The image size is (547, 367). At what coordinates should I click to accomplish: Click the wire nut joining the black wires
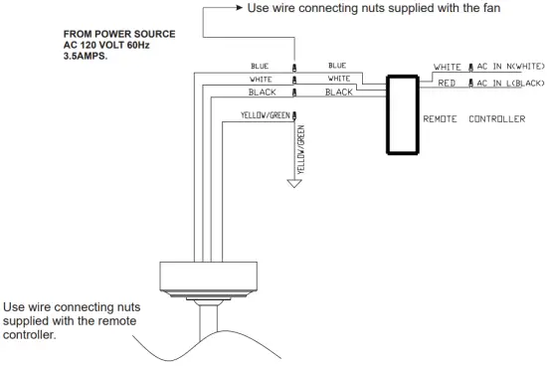[293, 92]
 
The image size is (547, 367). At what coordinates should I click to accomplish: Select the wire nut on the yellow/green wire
[293, 116]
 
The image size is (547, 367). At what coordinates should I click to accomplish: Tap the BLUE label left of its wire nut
[261, 66]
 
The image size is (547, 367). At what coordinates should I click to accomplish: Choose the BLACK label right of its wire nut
[339, 91]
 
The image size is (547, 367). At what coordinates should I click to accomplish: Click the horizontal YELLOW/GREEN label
[265, 114]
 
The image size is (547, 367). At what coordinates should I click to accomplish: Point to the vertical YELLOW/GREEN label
[301, 150]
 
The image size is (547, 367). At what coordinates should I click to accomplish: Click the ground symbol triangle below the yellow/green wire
[294, 183]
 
